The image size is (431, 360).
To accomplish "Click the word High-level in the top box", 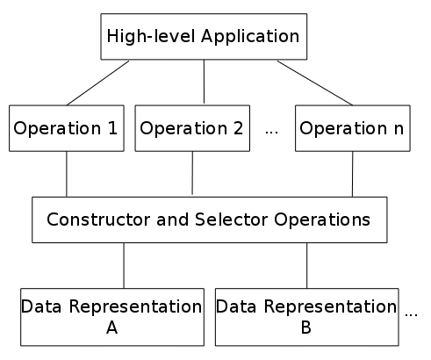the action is coord(151,37).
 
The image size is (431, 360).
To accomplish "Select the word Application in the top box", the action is coord(250,37).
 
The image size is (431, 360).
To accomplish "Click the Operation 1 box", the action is coord(67,128).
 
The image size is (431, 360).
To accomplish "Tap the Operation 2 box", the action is coord(192,128).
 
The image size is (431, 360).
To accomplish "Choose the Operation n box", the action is coord(353,128).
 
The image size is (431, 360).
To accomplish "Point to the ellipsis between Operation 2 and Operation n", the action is coord(271,133).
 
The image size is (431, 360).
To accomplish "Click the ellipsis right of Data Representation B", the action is coord(411,315).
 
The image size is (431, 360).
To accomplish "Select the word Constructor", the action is coord(99,220).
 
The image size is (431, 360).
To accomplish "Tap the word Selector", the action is coord(231,220).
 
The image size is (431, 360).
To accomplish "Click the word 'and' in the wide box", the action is coord(173,220).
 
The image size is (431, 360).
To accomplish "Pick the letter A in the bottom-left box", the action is coord(112,328).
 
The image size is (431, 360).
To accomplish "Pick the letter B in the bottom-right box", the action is coord(306,328).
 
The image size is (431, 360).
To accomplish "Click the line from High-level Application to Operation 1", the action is coord(97,83).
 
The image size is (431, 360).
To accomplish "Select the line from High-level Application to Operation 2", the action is coord(204,82).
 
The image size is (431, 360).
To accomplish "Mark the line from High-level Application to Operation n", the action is coord(315,83).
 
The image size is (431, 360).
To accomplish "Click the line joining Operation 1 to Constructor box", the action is coord(67,174).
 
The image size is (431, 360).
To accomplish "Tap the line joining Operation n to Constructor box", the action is coord(352,174).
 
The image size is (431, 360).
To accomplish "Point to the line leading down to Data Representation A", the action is coord(124,266).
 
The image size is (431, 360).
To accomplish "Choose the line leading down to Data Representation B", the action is coord(307,266).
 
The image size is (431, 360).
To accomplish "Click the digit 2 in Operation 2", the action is coord(238,128).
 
